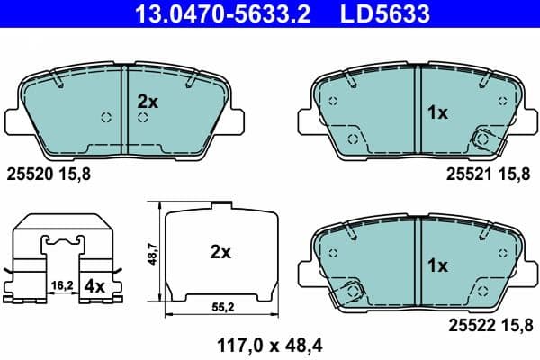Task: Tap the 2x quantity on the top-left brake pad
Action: coord(148,103)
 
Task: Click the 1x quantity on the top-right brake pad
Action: coord(436,112)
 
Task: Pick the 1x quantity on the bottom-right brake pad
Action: coord(436,266)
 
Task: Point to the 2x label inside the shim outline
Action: coord(220,253)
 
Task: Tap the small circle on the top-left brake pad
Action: coord(106,117)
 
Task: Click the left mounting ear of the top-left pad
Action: coord(15,119)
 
